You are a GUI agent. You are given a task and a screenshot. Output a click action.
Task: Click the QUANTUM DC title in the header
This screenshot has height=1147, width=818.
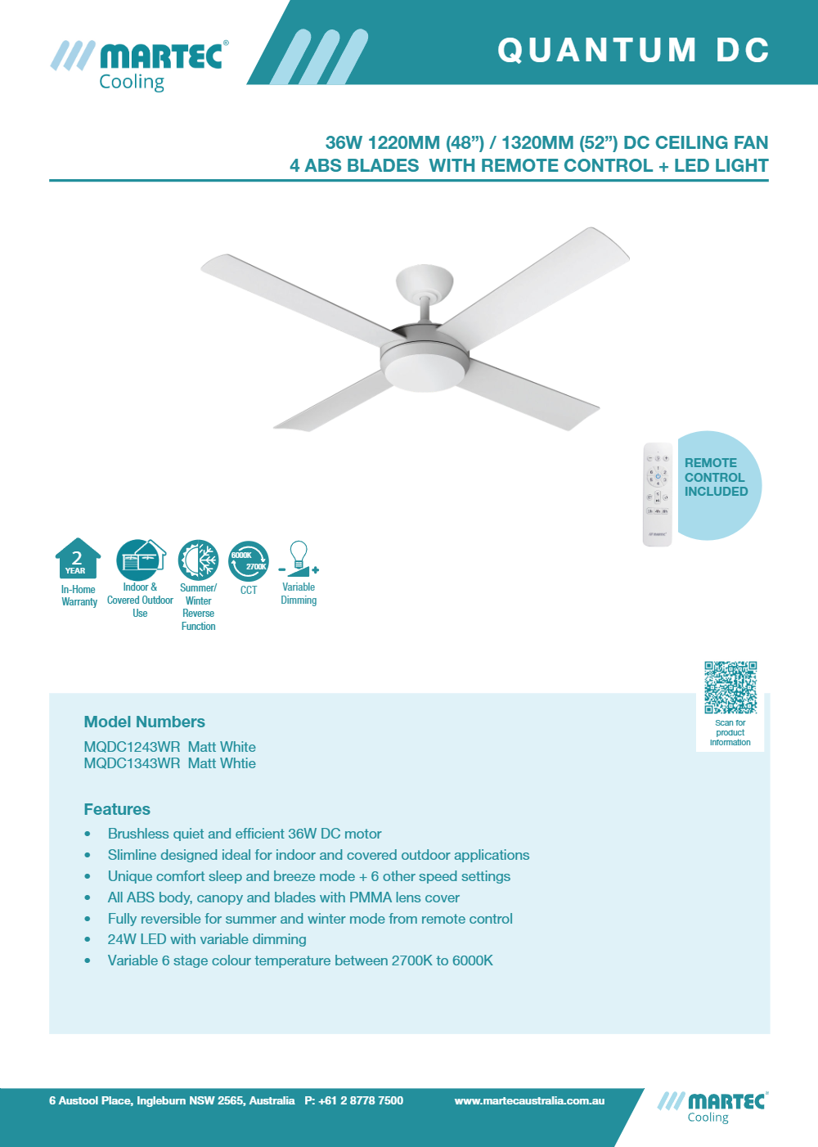(x=633, y=50)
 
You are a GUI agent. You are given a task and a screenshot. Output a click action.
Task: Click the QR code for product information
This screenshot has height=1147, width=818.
(x=730, y=687)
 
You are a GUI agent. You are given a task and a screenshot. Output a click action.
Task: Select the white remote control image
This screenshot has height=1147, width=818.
(x=657, y=494)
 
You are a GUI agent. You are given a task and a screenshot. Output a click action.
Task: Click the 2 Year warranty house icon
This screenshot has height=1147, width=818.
(x=78, y=559)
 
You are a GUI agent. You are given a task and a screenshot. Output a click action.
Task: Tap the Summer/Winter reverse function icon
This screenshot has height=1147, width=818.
(x=198, y=560)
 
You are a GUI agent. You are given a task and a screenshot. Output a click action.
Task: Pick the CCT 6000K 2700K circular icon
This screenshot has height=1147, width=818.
(x=249, y=561)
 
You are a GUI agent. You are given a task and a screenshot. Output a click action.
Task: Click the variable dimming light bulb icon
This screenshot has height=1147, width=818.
(x=299, y=559)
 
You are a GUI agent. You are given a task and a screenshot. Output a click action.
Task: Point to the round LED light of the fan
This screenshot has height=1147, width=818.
(x=423, y=371)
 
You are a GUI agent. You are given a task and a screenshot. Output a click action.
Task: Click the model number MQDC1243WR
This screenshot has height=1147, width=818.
(x=132, y=747)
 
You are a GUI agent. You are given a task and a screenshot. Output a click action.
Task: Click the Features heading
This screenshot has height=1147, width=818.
(x=117, y=809)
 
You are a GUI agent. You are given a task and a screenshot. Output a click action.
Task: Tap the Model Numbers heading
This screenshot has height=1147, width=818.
(x=144, y=722)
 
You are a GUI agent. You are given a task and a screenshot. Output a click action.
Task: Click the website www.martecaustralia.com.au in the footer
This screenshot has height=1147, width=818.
(x=529, y=1101)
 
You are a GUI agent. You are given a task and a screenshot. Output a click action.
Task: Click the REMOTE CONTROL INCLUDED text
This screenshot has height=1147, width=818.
(x=716, y=477)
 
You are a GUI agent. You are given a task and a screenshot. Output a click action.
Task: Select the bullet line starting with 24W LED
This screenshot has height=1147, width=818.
(x=207, y=939)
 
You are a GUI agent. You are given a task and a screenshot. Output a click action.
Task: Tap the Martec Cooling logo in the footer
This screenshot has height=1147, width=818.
(x=712, y=1107)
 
